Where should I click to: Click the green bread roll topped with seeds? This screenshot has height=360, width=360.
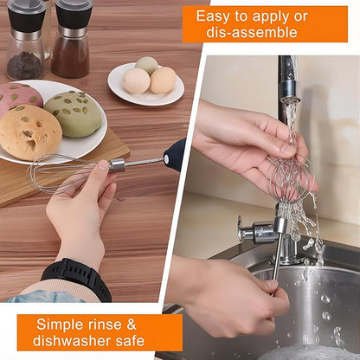click(x=73, y=112)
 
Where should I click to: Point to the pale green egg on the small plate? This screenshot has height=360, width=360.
click(x=147, y=66)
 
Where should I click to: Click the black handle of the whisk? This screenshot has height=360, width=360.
click(x=174, y=155)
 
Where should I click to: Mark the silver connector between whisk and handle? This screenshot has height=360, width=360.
click(x=118, y=165)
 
